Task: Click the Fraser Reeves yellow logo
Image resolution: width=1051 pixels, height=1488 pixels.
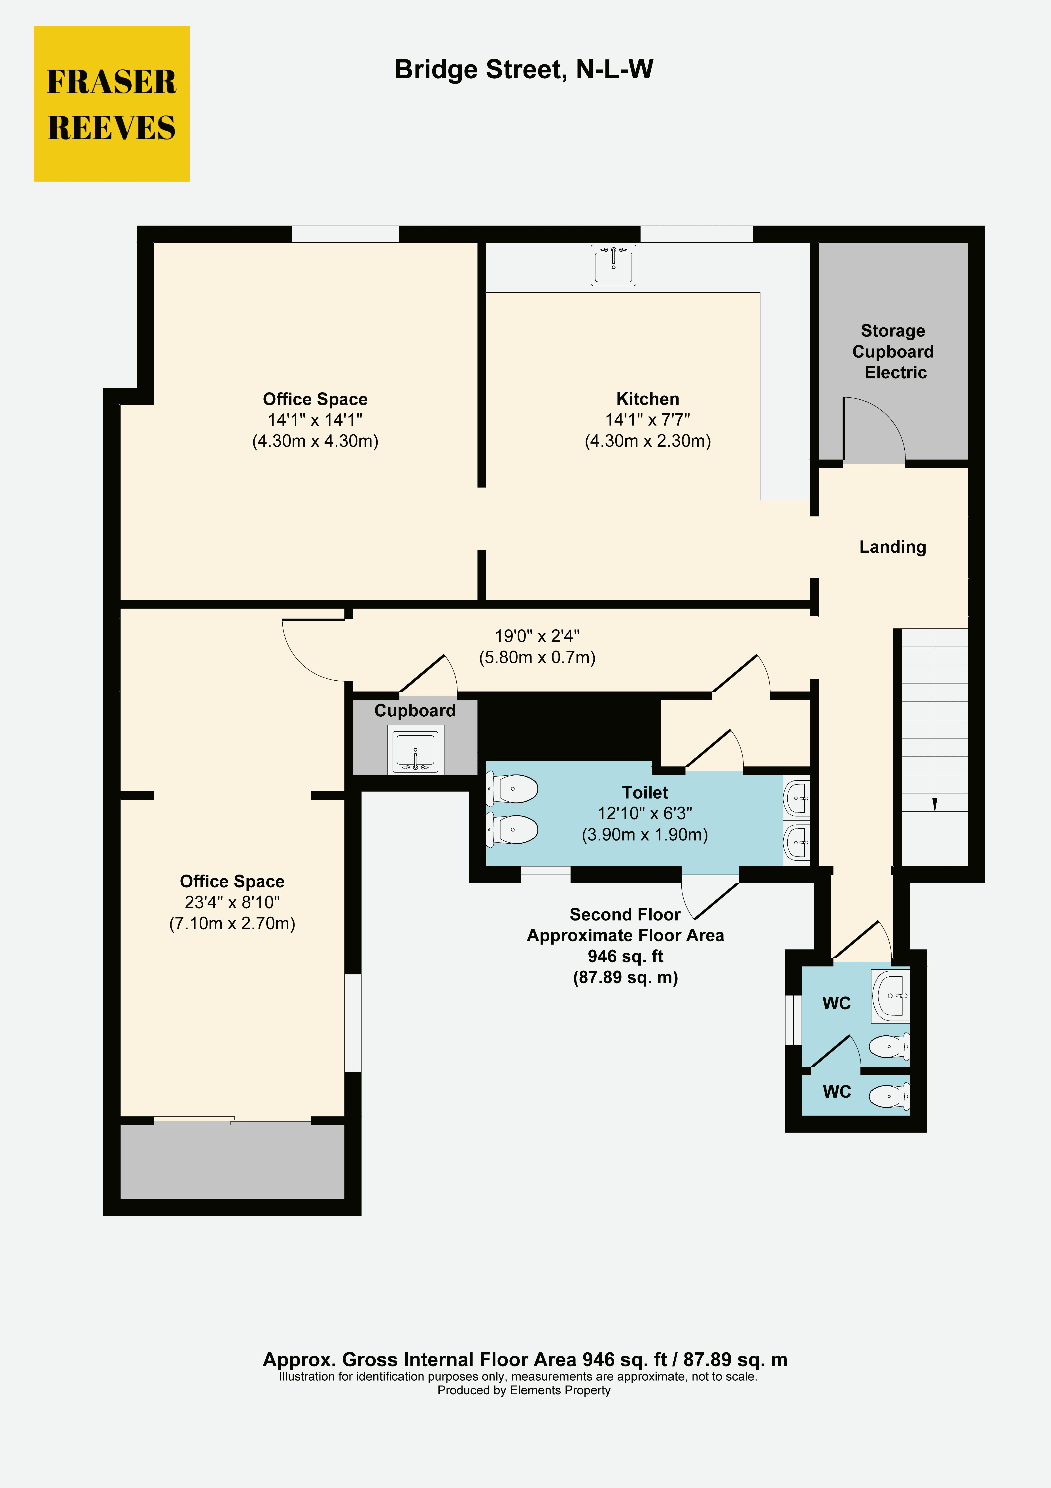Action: pyautogui.click(x=112, y=104)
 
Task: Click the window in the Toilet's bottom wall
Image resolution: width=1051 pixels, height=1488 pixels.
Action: pyautogui.click(x=546, y=874)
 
